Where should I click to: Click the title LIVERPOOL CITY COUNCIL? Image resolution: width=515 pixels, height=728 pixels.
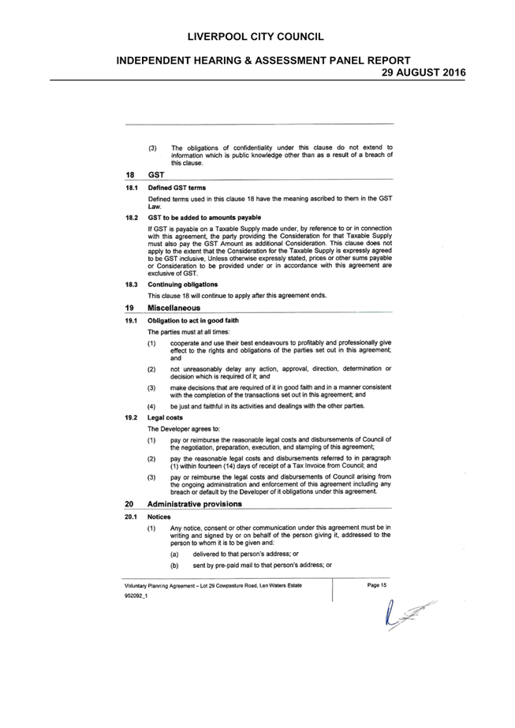tap(256, 37)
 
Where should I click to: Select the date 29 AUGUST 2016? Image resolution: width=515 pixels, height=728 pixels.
tap(424, 73)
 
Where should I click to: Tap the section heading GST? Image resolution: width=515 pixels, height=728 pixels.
tap(156, 174)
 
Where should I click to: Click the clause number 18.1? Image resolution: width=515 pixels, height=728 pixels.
tap(132, 188)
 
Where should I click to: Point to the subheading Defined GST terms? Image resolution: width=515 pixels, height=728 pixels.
tap(177, 188)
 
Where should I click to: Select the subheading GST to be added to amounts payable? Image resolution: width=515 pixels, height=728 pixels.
tap(204, 218)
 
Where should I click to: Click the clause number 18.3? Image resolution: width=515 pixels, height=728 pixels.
tap(132, 285)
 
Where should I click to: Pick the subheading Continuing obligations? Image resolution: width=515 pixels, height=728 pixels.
tap(182, 285)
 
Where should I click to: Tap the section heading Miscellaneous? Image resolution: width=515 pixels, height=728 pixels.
tap(174, 308)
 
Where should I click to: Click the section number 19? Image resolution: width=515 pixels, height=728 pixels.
tap(129, 308)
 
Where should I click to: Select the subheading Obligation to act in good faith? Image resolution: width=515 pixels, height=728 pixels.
tap(193, 321)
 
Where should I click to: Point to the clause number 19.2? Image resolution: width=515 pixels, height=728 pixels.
tap(131, 418)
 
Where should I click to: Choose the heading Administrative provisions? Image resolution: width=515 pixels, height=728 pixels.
tap(195, 504)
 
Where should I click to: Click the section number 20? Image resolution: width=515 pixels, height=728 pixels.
tap(129, 504)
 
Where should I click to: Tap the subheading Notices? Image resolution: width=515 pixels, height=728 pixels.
tap(159, 517)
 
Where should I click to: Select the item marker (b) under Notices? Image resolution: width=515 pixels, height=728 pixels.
tap(174, 566)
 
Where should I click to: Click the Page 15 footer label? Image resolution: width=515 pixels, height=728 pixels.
tap(377, 585)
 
